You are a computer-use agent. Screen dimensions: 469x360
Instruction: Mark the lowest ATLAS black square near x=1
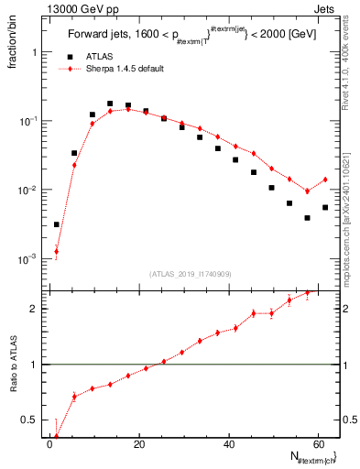(x=57, y=224)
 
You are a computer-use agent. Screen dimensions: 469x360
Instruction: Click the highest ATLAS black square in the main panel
(x=110, y=104)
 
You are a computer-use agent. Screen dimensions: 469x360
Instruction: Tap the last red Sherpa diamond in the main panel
(x=325, y=180)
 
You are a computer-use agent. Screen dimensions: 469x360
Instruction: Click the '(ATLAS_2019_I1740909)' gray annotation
(x=189, y=274)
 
